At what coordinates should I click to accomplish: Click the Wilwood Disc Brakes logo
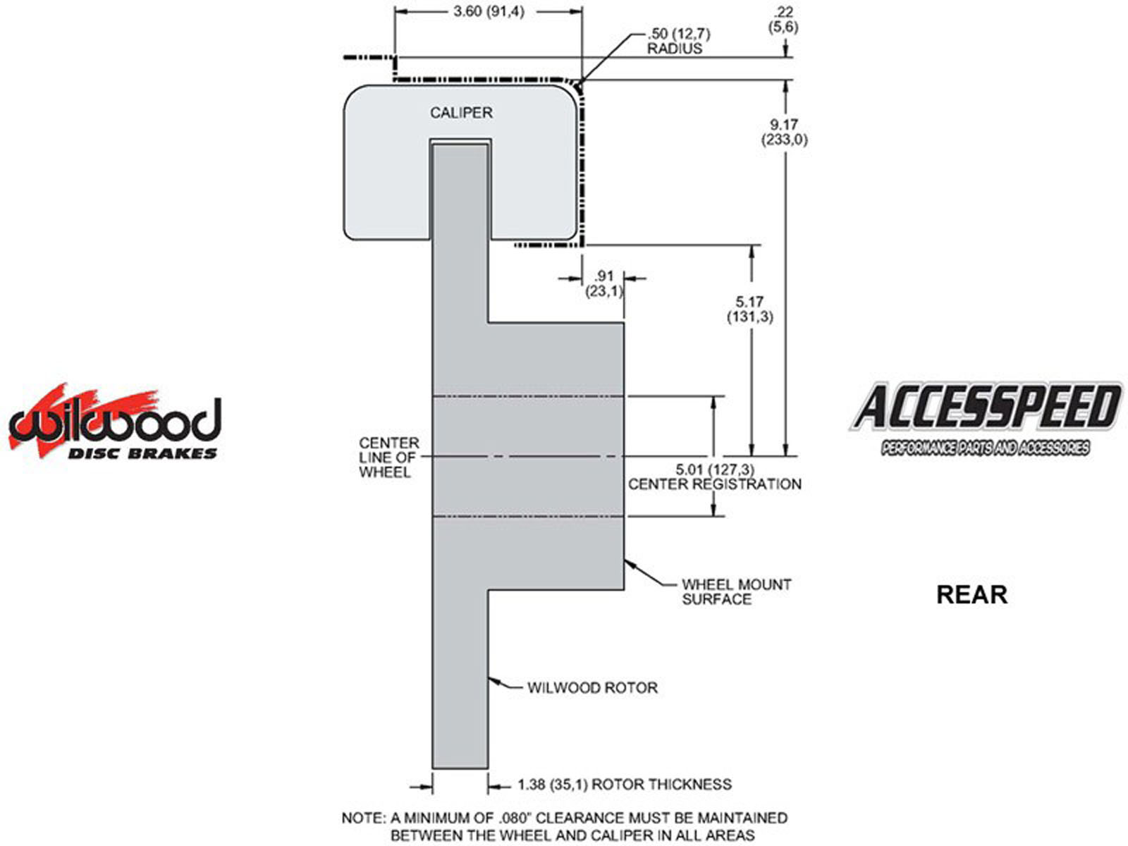(114, 423)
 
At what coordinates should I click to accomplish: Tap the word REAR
(971, 594)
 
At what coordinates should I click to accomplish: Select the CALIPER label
(461, 113)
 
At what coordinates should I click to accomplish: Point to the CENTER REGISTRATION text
(714, 484)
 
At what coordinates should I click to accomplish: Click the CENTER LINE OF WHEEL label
(389, 457)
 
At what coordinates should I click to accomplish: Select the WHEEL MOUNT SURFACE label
(737, 591)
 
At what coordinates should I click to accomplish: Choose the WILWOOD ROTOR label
(592, 687)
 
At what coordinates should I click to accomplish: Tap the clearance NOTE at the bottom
(564, 826)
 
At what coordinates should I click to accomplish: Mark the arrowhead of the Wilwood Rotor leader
(493, 680)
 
